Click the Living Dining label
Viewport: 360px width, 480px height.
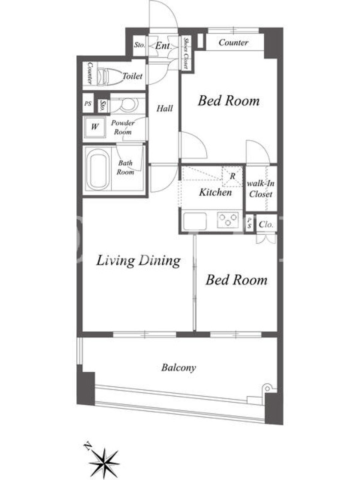139,260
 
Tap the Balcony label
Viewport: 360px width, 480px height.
179,367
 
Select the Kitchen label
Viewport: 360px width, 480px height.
215,192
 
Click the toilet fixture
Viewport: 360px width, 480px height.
110,76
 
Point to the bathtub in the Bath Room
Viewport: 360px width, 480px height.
98,169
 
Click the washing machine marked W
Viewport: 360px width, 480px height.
95,127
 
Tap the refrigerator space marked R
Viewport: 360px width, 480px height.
232,176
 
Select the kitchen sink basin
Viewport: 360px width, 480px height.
194,220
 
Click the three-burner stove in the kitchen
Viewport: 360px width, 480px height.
228,220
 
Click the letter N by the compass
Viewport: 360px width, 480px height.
87,446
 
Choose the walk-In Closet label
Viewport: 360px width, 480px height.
260,188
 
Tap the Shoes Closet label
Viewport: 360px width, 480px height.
185,53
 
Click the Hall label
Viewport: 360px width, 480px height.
164,108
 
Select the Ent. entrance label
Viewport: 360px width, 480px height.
163,46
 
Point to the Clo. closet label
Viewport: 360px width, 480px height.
266,224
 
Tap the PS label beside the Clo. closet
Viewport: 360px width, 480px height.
250,223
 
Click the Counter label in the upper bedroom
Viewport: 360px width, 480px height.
233,42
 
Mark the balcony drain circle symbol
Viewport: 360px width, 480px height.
267,389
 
